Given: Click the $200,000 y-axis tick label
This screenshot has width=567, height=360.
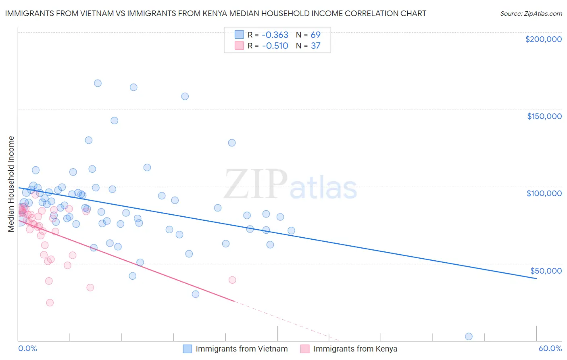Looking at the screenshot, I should (x=543, y=39).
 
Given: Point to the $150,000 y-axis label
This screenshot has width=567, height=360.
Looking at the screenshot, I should (x=544, y=116).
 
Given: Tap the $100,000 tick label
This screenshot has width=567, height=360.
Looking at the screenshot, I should (x=544, y=193).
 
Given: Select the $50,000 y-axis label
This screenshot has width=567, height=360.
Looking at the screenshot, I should (x=546, y=270).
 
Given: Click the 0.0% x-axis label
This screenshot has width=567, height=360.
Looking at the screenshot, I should (x=27, y=349).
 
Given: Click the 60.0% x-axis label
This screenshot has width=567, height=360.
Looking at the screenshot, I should (x=550, y=349).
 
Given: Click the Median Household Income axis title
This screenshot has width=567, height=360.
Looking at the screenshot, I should (x=11, y=184).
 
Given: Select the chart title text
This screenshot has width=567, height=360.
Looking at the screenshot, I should (x=215, y=13).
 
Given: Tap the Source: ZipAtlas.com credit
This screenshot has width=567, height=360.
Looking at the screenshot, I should (x=531, y=14).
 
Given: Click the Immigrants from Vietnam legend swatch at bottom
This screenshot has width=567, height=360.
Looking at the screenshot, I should (x=188, y=349).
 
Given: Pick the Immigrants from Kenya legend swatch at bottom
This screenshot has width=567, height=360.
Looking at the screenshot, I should (x=305, y=349).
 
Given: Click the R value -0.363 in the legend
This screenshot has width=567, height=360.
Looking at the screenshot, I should (x=275, y=35).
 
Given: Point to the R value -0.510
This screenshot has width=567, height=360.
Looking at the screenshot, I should (x=275, y=46).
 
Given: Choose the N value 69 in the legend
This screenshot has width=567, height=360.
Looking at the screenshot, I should (x=315, y=35).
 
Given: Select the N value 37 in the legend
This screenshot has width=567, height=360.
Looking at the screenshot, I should (x=315, y=46).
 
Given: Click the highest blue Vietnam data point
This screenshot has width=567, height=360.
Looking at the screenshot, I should (x=98, y=83).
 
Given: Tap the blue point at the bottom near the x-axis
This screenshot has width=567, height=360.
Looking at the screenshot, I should (x=469, y=337).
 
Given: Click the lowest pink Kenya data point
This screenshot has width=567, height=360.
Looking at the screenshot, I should (x=50, y=303).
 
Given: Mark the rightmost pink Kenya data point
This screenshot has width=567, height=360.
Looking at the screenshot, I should (x=232, y=280).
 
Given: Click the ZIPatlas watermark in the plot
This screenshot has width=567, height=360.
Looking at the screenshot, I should (x=290, y=185).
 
